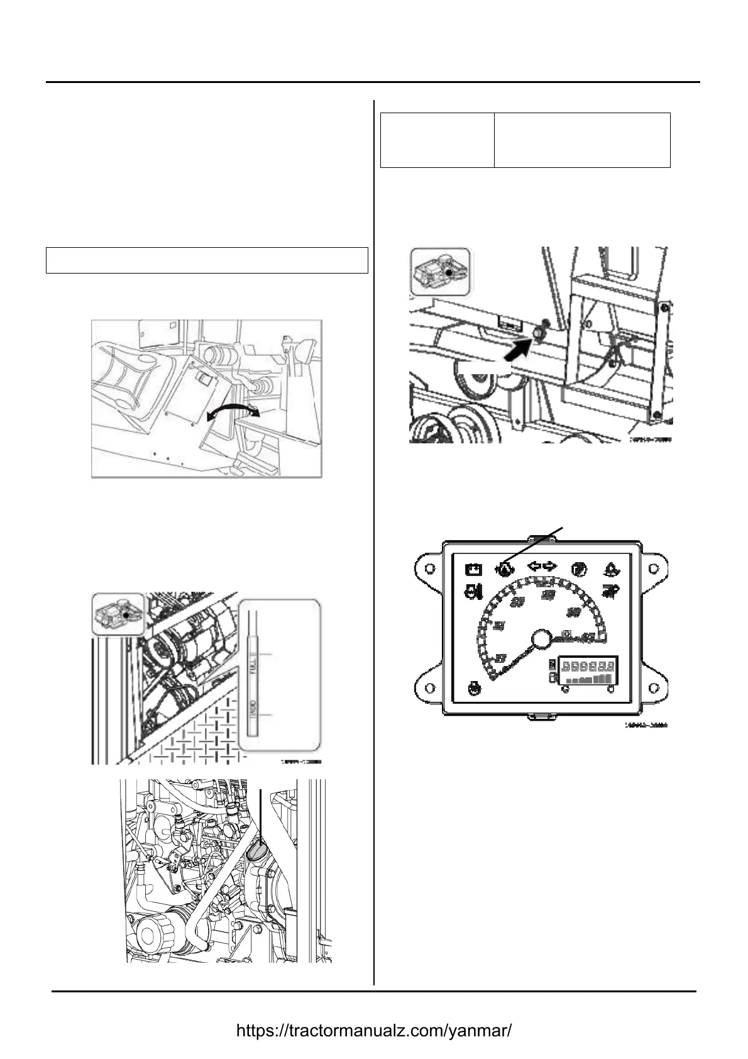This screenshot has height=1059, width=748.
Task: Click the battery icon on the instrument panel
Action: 473,570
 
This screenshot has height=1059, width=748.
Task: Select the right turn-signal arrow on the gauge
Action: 550,567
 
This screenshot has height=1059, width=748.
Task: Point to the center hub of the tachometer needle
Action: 541,640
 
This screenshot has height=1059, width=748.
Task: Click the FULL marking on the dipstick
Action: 253,662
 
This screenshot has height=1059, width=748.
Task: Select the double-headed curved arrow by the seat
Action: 233,412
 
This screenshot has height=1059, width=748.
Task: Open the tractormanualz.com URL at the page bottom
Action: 373,1031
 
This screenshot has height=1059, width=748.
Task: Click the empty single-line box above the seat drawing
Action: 207,260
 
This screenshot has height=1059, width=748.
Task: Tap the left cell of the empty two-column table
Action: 437,140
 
